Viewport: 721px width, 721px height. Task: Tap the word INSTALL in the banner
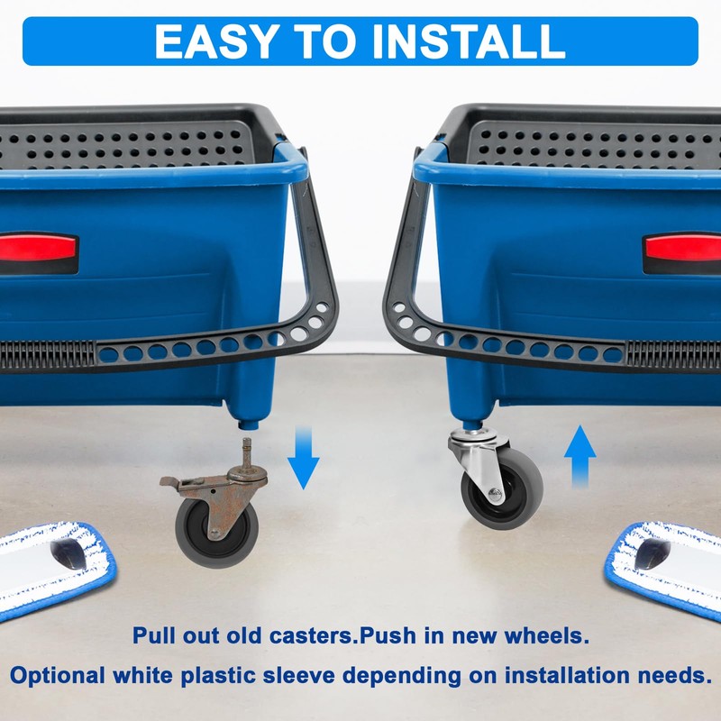click(x=469, y=41)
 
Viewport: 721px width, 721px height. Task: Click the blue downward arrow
click(x=304, y=458)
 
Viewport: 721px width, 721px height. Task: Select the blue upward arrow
click(x=580, y=456)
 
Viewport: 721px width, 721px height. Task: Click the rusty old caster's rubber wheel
click(x=216, y=534)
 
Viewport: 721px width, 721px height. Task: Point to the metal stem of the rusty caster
click(x=247, y=452)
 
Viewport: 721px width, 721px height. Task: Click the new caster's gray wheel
click(x=502, y=488)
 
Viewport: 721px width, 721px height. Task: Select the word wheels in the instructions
click(x=546, y=636)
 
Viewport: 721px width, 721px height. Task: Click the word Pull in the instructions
click(x=154, y=636)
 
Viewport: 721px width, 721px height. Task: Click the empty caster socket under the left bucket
click(x=249, y=424)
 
